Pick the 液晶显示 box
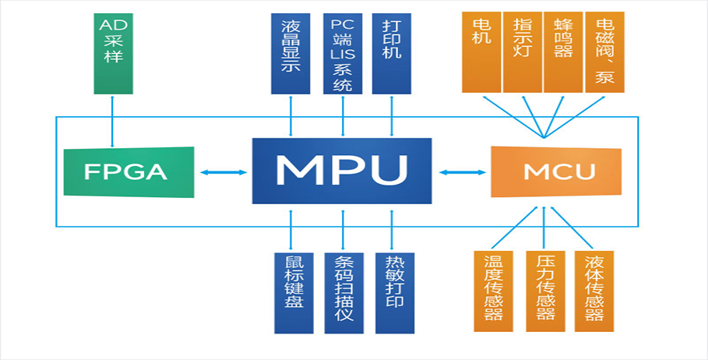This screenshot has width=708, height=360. [291, 52]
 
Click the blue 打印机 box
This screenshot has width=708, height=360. [392, 52]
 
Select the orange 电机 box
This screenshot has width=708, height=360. [481, 52]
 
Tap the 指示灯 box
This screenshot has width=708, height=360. [522, 52]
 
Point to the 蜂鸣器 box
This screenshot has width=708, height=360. [563, 52]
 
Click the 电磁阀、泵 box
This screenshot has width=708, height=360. [604, 52]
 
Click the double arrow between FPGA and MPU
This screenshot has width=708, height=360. [223, 172]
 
